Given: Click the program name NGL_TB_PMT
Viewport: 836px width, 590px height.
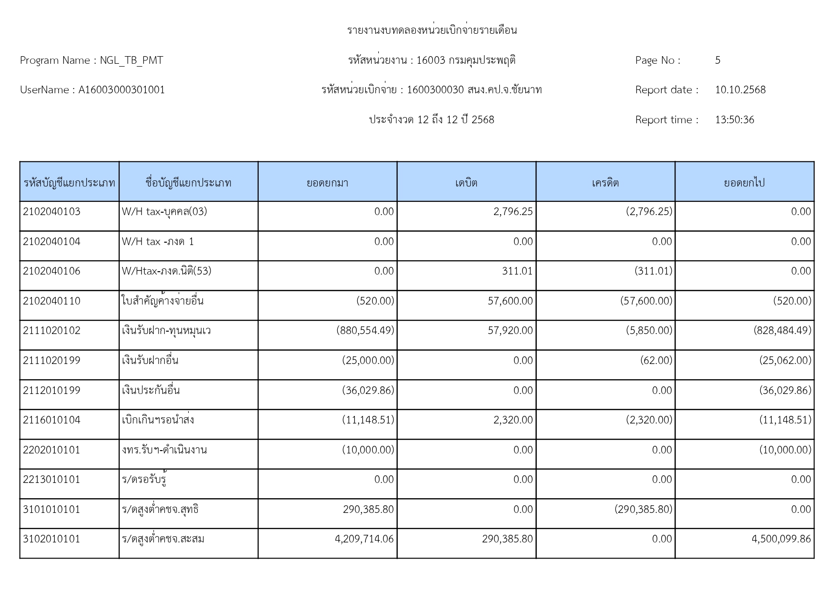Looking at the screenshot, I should pos(131,60).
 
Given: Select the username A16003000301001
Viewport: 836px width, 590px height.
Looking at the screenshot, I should pos(121,90).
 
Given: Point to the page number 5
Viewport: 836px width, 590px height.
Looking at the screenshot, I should pos(717,60).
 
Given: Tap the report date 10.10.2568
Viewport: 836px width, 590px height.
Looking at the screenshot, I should pos(740,90).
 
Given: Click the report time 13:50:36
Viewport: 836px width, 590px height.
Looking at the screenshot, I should pos(734,120).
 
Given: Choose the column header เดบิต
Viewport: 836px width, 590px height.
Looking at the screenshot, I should pos(466,183).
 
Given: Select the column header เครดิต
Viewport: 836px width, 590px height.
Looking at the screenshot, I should pos(605,183).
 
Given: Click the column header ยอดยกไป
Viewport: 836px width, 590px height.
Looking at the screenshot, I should pos(744,183).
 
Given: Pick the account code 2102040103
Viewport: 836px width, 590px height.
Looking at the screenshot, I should pos(51,212).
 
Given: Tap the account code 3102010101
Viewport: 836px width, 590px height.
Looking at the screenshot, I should pos(51,539).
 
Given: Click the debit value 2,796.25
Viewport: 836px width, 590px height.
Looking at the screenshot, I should pos(513,212).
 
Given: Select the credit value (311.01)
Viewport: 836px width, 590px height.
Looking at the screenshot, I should pos(653,271).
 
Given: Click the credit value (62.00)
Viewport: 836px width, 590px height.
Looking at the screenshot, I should pos(656,361).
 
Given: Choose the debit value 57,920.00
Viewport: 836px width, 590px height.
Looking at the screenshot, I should pos(510,331).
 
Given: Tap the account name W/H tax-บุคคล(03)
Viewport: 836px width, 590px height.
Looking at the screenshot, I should pos(164,212).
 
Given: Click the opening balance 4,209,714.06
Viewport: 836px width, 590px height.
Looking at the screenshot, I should pos(364,539).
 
